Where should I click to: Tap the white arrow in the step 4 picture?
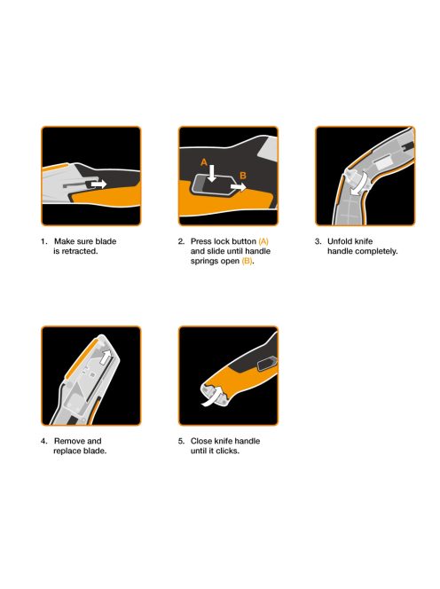[x=108, y=357]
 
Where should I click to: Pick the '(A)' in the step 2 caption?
[x=263, y=241]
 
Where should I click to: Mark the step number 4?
[x=43, y=441]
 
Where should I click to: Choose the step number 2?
[x=180, y=241]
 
